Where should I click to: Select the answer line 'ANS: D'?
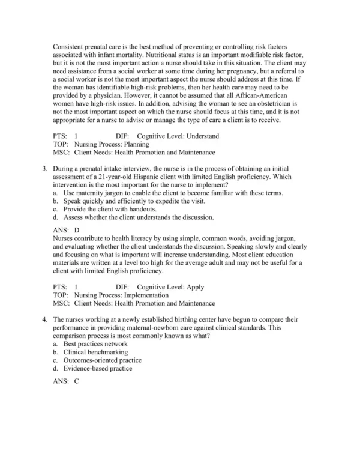[x=66, y=229]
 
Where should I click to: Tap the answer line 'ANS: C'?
[x=66, y=381]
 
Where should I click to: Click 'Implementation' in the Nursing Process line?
[x=149, y=296]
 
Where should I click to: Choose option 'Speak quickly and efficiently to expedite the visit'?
[x=132, y=201]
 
